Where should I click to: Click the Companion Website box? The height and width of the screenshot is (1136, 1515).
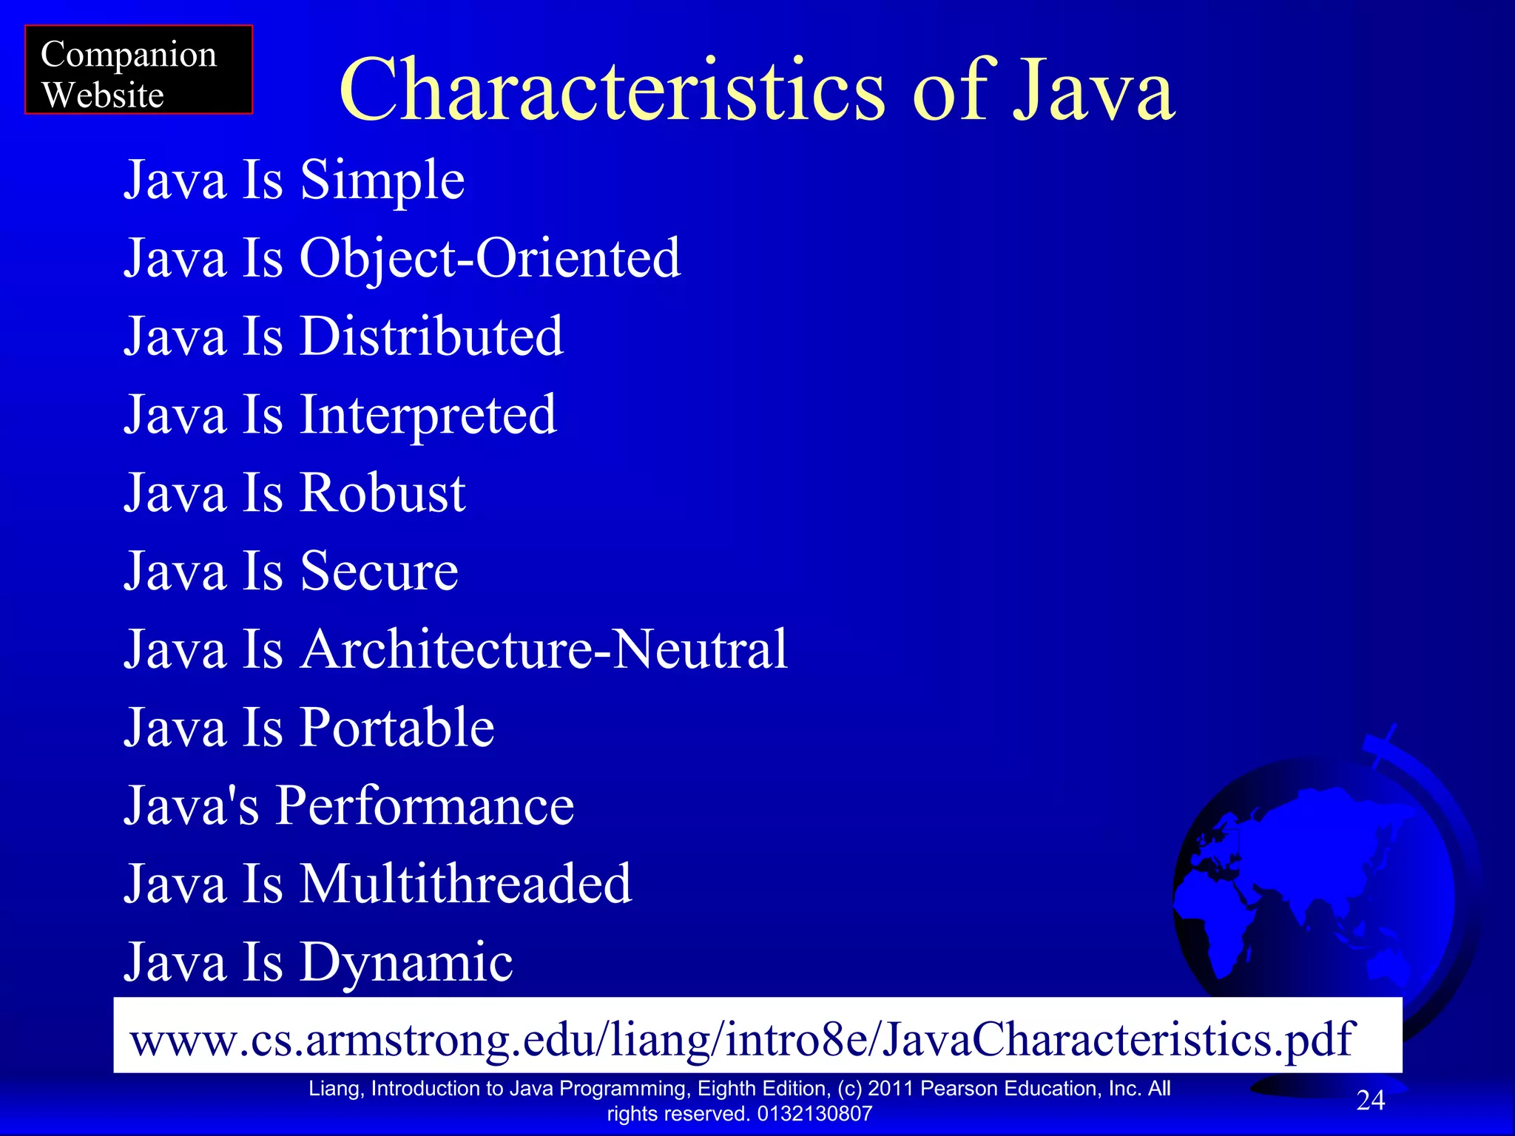coord(138,70)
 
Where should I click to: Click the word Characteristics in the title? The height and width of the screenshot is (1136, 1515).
coord(611,90)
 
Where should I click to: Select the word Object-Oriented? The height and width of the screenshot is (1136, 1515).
coord(489,259)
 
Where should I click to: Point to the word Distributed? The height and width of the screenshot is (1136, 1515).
coord(431,337)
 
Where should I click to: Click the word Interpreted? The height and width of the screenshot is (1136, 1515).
coord(428,416)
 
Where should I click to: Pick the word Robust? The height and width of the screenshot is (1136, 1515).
coord(382,493)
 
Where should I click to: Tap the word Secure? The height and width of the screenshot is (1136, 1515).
coord(379,572)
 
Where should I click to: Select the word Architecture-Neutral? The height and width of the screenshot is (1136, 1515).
coord(544,650)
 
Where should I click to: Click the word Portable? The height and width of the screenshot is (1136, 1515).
coord(397,728)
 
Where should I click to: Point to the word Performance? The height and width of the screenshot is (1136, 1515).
coord(425,806)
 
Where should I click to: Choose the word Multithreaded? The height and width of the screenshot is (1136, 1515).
coord(465,885)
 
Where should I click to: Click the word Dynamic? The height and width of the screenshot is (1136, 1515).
coord(406,963)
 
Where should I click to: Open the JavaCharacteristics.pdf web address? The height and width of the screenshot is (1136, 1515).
coord(741,1039)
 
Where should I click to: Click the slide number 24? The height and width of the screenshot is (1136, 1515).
coord(1370,1100)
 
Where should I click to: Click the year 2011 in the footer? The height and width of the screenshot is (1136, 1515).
coord(891,1089)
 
